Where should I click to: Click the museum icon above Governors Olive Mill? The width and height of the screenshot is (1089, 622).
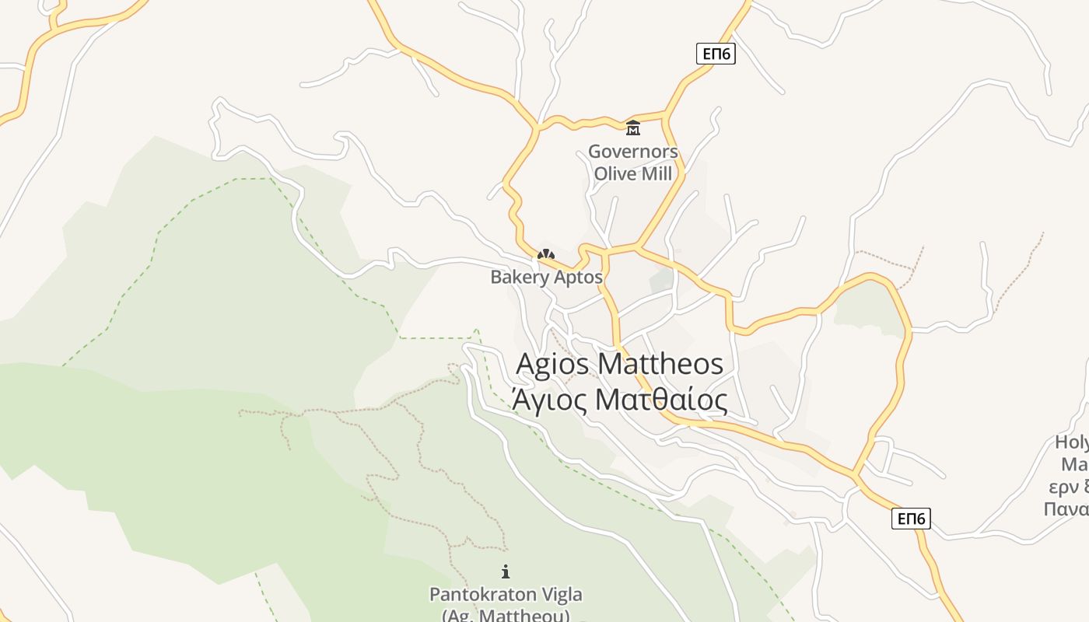coord(633,128)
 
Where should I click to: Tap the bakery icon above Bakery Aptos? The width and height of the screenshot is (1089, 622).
coord(546,254)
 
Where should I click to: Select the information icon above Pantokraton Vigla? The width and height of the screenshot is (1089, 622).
coord(506,571)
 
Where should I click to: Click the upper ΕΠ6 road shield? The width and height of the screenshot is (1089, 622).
coord(716,54)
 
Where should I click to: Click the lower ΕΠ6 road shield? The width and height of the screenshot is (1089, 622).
coord(911,519)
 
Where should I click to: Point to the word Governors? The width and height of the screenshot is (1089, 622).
coord(633,152)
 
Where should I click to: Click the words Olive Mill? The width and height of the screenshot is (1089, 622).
coord(633,173)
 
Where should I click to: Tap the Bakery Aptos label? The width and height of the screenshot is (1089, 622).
coord(546,277)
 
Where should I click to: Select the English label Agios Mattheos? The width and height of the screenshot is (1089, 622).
coord(620,364)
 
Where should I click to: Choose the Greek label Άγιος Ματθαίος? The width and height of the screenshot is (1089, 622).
coord(620,400)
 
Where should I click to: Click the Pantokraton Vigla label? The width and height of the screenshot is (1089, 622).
coord(506,595)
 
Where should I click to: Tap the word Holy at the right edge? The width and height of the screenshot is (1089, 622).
coord(1072,443)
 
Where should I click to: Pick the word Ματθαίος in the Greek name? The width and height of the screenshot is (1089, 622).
coord(661,400)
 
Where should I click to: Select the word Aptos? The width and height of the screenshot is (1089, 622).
coord(577,277)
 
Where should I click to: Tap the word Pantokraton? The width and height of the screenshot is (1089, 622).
coord(483,595)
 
